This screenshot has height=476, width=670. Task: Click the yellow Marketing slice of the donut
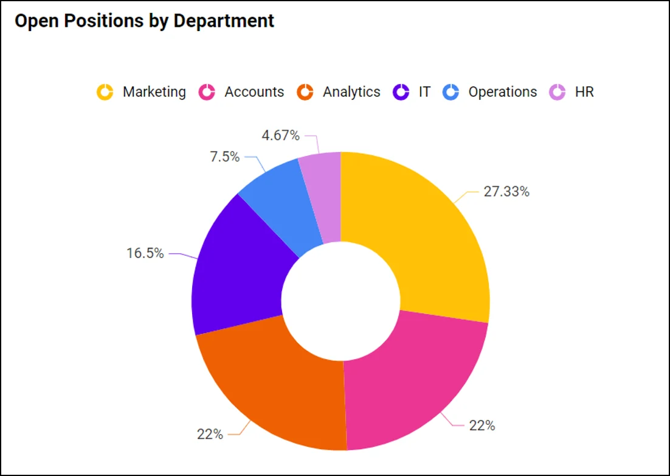click(x=420, y=237)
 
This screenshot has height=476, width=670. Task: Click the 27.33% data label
click(x=506, y=192)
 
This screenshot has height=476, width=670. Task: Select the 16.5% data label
click(x=145, y=253)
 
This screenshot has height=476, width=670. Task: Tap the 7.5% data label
click(x=225, y=157)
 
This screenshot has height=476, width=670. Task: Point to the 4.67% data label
click(x=281, y=136)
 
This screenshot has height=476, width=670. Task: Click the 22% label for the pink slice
click(x=482, y=425)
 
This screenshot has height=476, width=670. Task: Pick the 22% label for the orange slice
click(x=210, y=434)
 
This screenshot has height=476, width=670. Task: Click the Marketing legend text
click(x=154, y=92)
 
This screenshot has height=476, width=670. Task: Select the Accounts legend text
click(x=254, y=92)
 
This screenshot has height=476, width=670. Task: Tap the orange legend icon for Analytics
click(x=305, y=93)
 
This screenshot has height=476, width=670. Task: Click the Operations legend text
click(x=503, y=92)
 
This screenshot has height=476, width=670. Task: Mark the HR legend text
click(x=584, y=92)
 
